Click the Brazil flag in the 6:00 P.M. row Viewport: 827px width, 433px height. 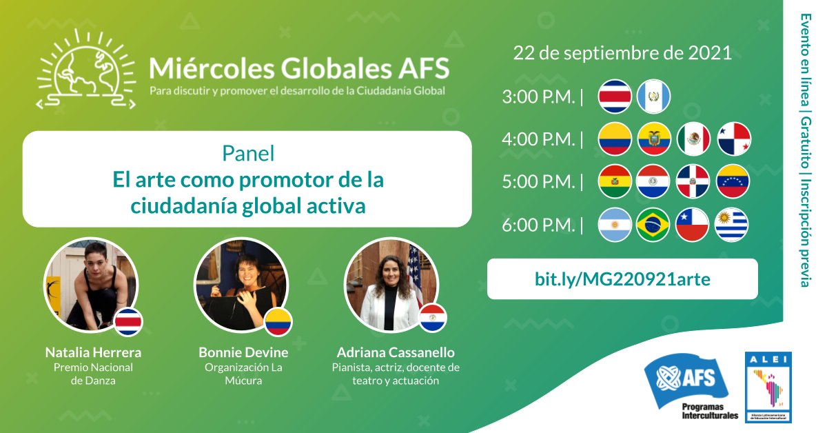[x=653, y=225]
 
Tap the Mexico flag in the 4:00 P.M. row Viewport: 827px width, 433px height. [x=693, y=139]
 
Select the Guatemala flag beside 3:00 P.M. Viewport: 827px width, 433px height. [x=653, y=97]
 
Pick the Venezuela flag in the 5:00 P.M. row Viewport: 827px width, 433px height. [x=733, y=182]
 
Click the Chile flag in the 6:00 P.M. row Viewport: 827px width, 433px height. [x=693, y=225]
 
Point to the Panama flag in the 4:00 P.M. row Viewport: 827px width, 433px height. [x=733, y=139]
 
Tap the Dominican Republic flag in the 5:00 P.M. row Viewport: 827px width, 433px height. [x=693, y=182]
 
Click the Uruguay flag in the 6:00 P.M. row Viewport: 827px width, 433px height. [x=733, y=225]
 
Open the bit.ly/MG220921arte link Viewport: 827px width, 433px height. [x=622, y=279]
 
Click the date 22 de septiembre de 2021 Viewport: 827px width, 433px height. [x=622, y=54]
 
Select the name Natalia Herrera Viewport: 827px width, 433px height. [x=93, y=352]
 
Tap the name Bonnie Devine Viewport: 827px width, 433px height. [x=243, y=352]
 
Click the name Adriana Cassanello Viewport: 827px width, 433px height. [x=396, y=352]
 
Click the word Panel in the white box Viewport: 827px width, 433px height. [x=248, y=152]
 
